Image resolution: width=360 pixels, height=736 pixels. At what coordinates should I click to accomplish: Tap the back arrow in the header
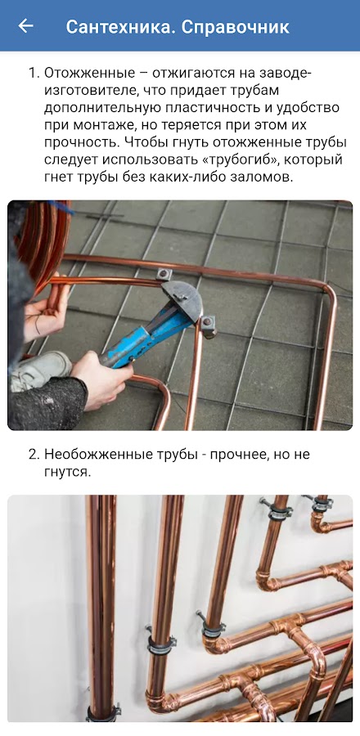pyautogui.click(x=25, y=26)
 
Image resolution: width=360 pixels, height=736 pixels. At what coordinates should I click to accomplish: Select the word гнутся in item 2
pyautogui.click(x=66, y=472)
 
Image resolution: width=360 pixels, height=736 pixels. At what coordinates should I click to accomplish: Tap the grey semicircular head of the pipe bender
pyautogui.click(x=182, y=299)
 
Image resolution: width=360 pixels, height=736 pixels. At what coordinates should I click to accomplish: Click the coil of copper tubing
pyautogui.click(x=44, y=240)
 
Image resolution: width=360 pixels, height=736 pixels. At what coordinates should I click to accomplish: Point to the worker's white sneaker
pyautogui.click(x=40, y=370)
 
